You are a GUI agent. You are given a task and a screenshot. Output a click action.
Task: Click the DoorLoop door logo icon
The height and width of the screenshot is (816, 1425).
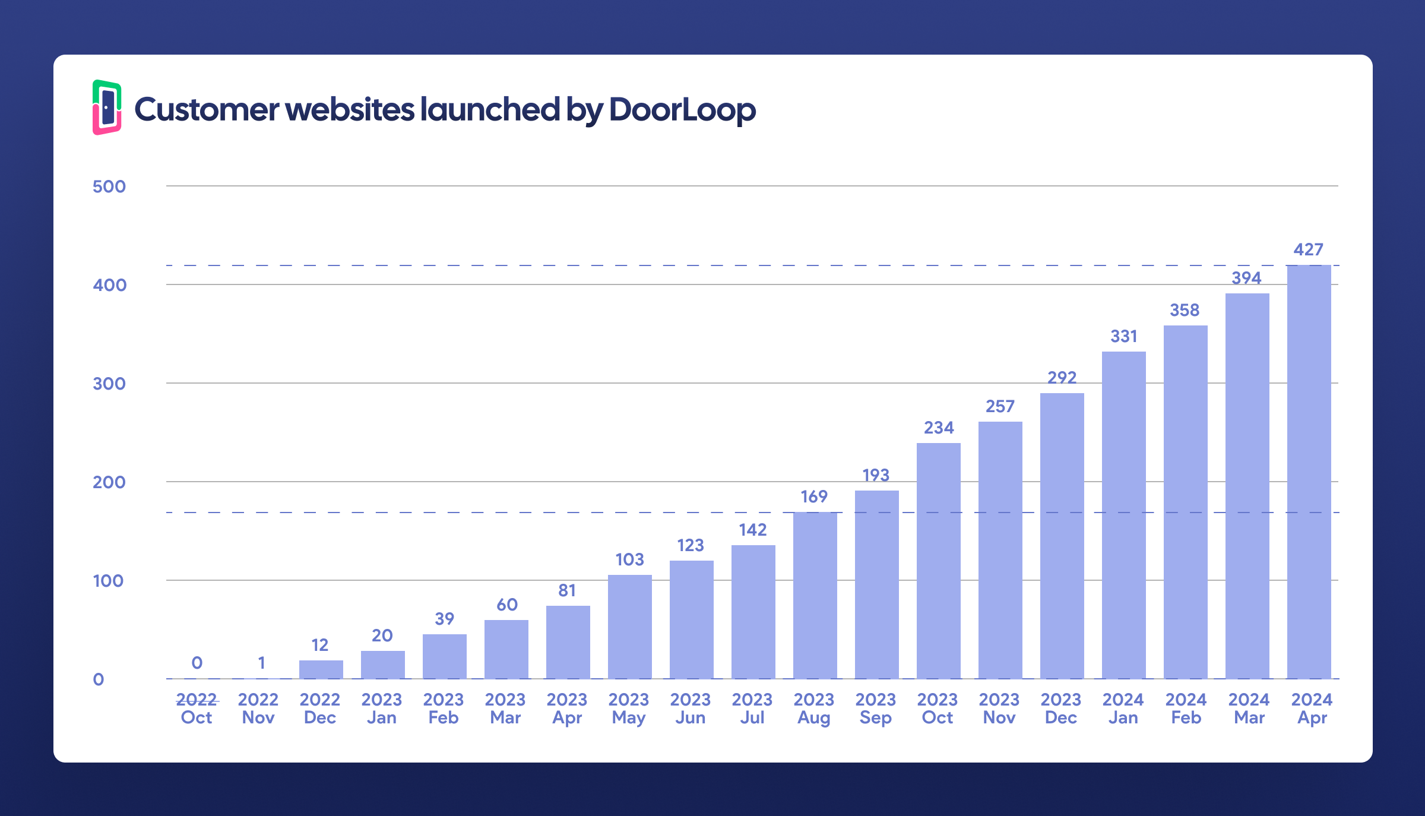click(x=107, y=107)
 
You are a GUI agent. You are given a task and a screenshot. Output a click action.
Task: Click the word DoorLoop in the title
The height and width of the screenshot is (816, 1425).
click(x=682, y=110)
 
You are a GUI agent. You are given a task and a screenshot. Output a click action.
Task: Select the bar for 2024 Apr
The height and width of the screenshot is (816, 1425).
click(x=1309, y=472)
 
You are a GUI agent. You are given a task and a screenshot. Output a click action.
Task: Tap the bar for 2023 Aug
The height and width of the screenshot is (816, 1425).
click(x=815, y=595)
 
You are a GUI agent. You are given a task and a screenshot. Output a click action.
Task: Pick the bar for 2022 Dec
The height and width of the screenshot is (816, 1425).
click(x=321, y=669)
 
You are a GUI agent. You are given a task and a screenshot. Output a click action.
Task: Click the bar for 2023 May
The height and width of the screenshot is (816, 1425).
click(x=629, y=627)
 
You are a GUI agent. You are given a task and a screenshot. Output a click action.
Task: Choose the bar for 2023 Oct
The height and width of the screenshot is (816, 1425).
click(x=938, y=561)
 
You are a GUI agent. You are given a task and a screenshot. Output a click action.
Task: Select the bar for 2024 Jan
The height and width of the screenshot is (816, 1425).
click(x=1123, y=515)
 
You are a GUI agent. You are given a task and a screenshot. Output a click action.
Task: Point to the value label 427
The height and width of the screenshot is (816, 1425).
click(x=1308, y=249)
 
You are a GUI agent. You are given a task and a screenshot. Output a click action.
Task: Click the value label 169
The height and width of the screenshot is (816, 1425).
click(x=813, y=496)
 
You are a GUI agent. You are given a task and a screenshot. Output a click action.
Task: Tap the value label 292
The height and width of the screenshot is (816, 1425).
click(x=1062, y=378)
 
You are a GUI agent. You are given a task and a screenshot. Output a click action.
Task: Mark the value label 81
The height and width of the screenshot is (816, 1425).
click(x=567, y=590)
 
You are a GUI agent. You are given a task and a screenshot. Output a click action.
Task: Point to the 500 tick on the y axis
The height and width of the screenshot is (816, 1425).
click(x=109, y=186)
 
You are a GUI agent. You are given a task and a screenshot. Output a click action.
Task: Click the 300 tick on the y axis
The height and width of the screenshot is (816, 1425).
click(x=109, y=384)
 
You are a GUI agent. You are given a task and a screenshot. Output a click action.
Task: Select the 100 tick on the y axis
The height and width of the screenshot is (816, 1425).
click(x=108, y=581)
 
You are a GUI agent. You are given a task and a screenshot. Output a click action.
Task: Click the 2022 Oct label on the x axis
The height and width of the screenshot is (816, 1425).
click(x=197, y=709)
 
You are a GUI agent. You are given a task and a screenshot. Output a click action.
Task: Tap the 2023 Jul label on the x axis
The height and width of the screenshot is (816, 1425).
click(x=752, y=709)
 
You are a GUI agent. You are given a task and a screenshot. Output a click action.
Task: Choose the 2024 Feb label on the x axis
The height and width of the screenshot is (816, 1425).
click(x=1186, y=709)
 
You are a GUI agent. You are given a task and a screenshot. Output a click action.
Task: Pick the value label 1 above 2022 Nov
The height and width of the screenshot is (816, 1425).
click(x=261, y=663)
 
